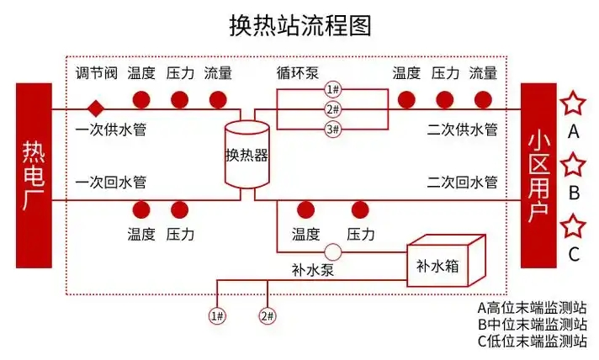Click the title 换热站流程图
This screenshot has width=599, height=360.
300,25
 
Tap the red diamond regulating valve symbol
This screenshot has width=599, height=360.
97,109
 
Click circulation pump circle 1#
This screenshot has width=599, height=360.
332,89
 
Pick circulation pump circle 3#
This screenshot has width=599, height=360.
332,129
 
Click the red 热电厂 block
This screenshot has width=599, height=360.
34,175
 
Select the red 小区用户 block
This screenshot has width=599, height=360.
539,175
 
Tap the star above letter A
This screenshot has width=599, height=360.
574,104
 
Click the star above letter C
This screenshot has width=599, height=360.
574,225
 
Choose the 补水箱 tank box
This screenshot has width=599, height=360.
446,263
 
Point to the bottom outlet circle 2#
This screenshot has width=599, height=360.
268,316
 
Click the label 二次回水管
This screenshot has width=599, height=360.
462,181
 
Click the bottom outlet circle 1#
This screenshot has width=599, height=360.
217,316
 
